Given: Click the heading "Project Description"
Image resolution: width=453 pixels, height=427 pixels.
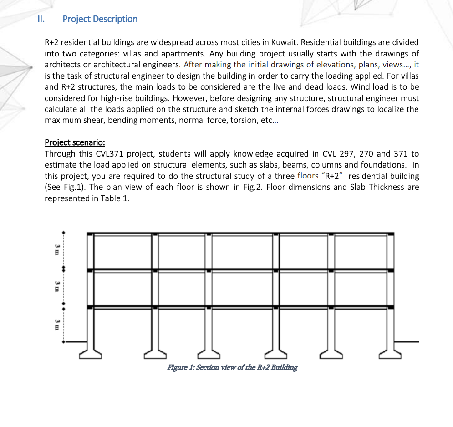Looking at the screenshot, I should pos(100,19).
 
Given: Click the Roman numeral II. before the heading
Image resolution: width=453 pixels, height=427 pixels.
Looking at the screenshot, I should pos(41,19).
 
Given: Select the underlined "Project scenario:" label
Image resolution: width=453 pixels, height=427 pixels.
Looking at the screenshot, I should pos(75,142).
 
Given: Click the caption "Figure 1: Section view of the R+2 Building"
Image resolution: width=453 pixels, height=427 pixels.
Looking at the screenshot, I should pos(232,367).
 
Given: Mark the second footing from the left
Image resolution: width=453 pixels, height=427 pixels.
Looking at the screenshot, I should pos(156,351).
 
